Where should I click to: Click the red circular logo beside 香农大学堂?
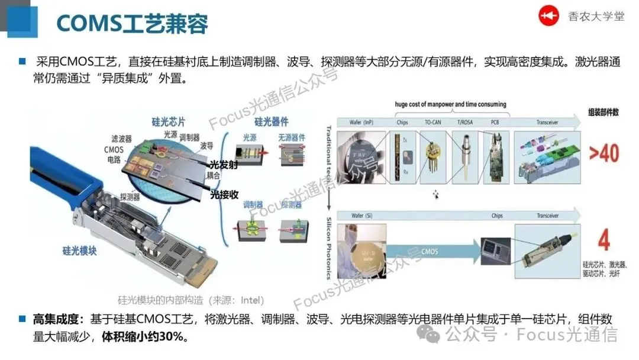(x=548, y=16)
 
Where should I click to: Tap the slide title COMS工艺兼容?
(x=132, y=24)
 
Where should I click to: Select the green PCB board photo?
(x=495, y=157)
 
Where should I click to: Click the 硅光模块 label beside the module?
(x=77, y=250)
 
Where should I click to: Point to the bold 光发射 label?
(x=224, y=165)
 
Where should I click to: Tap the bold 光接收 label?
(x=224, y=194)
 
